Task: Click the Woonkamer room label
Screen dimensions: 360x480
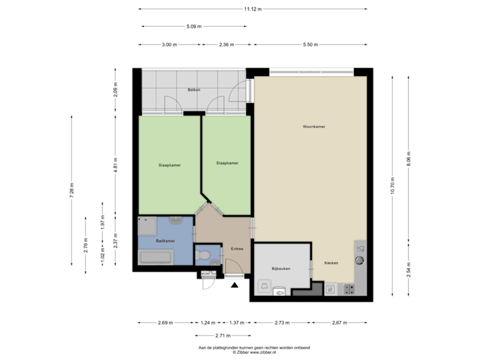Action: click(313, 126)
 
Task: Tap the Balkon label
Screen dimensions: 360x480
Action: click(194, 89)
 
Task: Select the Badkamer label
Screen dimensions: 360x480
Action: click(165, 241)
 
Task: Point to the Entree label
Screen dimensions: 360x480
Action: click(237, 249)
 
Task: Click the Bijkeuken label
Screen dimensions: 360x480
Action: click(279, 269)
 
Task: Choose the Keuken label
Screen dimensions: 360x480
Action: click(331, 263)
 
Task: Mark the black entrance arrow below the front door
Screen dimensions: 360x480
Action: click(234, 285)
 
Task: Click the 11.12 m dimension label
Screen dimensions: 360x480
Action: click(253, 9)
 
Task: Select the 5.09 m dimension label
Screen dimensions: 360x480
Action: click(193, 27)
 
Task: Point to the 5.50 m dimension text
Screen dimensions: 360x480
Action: click(310, 45)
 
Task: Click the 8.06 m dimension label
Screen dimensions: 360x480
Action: click(409, 158)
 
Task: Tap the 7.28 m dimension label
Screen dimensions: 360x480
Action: click(71, 189)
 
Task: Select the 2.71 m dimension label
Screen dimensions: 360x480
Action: click(223, 335)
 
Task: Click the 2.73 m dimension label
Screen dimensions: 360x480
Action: click(282, 323)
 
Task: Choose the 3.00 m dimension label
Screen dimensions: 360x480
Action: click(169, 45)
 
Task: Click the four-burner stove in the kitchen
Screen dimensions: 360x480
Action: click(348, 289)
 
